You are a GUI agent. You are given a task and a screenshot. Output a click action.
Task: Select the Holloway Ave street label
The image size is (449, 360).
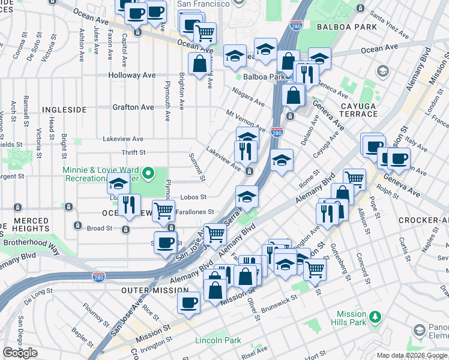point(132,76)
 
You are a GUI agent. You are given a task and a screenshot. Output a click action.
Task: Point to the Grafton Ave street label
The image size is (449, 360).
point(133,107)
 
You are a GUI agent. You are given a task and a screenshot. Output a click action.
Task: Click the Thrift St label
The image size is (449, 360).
point(133,153)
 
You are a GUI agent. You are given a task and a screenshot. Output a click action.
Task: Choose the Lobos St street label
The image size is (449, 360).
point(194,197)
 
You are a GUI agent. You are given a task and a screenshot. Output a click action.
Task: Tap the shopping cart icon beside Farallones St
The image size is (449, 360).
point(163,211)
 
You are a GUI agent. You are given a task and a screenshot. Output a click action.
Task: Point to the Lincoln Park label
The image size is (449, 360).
point(218,340)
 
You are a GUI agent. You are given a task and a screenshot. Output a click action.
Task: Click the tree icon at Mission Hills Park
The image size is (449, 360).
point(376,316)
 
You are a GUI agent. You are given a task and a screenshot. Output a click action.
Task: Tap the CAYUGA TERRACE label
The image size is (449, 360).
point(358,109)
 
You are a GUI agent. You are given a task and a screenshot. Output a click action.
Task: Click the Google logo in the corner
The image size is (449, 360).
point(20,352)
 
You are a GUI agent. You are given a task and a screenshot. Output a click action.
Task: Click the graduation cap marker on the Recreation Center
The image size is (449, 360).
point(118,184)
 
